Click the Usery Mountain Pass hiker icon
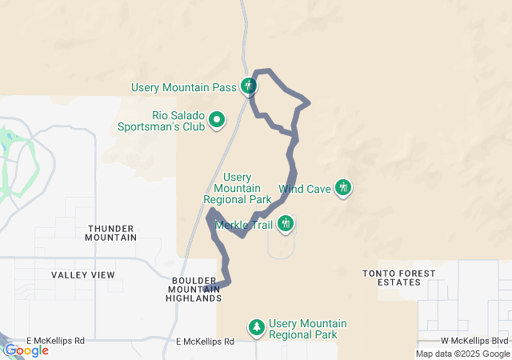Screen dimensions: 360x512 coord(249,86)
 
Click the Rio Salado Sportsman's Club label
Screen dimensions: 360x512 coord(161,120)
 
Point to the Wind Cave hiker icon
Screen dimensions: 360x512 coord(343,188)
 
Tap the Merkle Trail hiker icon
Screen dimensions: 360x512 coord(286,224)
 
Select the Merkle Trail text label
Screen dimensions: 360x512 coord(245,226)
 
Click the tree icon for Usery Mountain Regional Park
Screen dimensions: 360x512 coord(257,326)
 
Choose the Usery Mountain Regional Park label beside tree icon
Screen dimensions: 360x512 coord(308,329)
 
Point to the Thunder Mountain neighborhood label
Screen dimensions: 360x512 coord(111,233)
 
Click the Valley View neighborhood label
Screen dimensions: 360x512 coord(83,275)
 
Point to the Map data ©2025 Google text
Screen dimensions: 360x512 coord(462,354)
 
